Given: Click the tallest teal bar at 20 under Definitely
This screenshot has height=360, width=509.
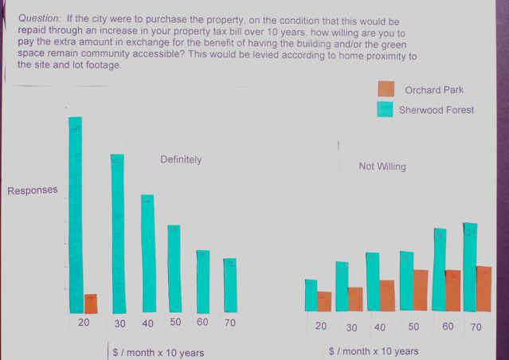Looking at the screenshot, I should click(76, 215).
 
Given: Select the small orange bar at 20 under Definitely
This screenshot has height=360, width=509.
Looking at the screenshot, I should click(91, 303).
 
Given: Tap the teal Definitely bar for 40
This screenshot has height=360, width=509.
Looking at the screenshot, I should click(147, 253).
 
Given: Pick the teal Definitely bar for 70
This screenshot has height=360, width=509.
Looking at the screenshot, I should click(229, 285).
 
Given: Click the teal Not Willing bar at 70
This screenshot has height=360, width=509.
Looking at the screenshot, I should click(470, 267).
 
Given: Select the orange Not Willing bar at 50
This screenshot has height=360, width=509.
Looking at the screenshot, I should click(421, 290).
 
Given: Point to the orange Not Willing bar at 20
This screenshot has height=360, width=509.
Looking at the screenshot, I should click(324, 301).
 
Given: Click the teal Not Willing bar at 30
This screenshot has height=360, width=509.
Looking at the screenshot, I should click(342, 286).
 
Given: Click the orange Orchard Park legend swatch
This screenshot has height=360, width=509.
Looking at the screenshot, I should click(386, 89).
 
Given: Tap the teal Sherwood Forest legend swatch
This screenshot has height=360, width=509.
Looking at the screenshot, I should click(386, 109).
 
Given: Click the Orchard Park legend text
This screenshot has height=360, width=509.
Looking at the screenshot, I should click(433, 90).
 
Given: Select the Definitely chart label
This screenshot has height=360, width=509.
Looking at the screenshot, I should click(181, 159).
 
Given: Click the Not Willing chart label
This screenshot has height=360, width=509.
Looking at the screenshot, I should click(382, 166).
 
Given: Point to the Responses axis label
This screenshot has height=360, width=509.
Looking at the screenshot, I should click(33, 190).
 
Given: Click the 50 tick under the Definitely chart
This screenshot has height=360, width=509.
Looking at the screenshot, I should click(175, 323).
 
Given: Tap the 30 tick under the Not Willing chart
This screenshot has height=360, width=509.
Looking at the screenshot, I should click(351, 327).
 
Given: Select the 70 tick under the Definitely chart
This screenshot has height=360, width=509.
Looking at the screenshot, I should click(230, 323).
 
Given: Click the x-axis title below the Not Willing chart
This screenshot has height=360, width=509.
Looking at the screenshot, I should click(373, 351).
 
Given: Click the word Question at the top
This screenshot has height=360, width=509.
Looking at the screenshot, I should click(39, 17).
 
